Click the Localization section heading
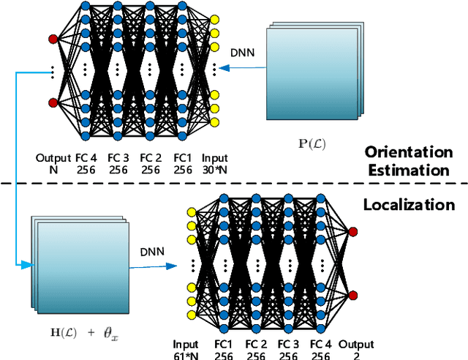409,204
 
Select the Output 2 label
355,349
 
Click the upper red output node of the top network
52,38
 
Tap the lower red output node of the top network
52,102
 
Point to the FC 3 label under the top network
118,162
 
